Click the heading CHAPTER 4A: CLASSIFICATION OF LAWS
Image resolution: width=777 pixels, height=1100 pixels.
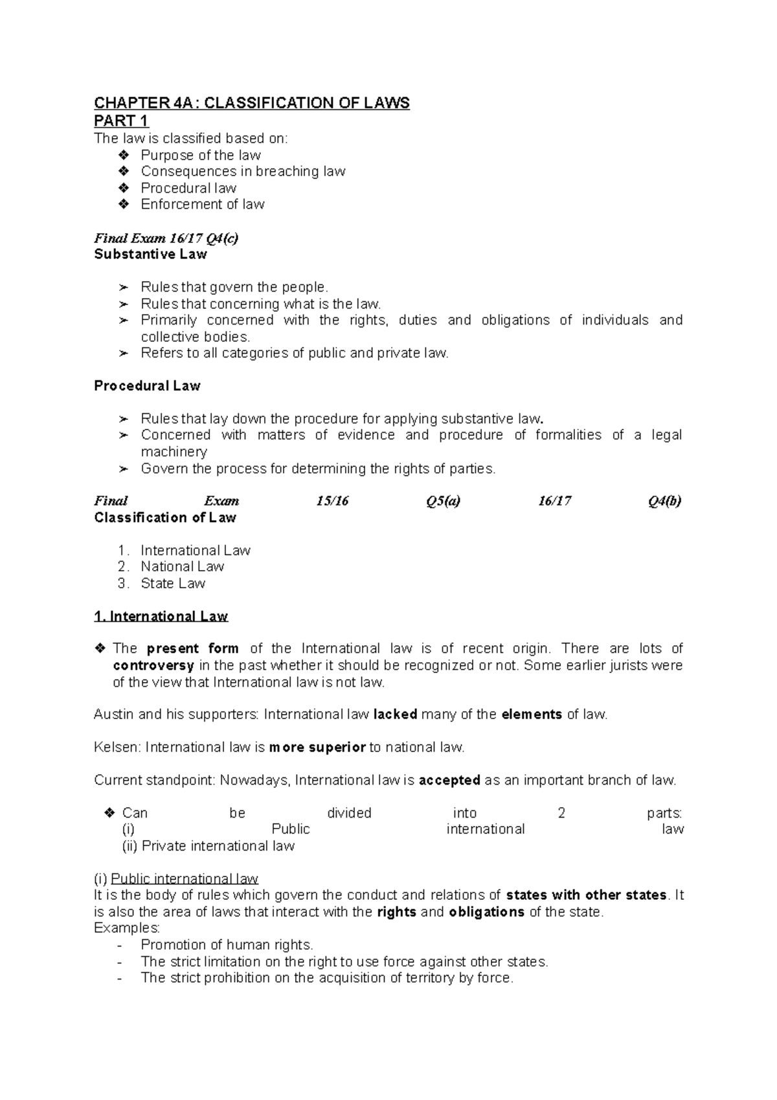[252, 104]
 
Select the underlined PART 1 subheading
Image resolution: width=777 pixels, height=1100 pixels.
[122, 121]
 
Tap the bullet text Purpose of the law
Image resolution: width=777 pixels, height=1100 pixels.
[201, 155]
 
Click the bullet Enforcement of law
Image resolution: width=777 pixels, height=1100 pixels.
[203, 205]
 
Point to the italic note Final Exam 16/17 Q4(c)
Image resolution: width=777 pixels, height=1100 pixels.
[166, 238]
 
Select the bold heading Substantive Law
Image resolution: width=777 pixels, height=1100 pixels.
[150, 255]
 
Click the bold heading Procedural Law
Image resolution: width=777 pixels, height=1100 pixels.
[147, 386]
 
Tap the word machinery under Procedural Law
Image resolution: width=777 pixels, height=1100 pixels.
[174, 452]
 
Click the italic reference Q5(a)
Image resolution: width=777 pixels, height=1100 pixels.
[443, 501]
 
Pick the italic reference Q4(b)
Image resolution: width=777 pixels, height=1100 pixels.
[664, 501]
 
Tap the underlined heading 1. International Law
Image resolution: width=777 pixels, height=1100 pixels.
[161, 617]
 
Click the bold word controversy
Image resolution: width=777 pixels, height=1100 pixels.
[153, 666]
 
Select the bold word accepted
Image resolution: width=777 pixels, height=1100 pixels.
[449, 781]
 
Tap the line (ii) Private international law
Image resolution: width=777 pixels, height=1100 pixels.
[208, 847]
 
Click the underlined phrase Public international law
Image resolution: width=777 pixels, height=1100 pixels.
[185, 879]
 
